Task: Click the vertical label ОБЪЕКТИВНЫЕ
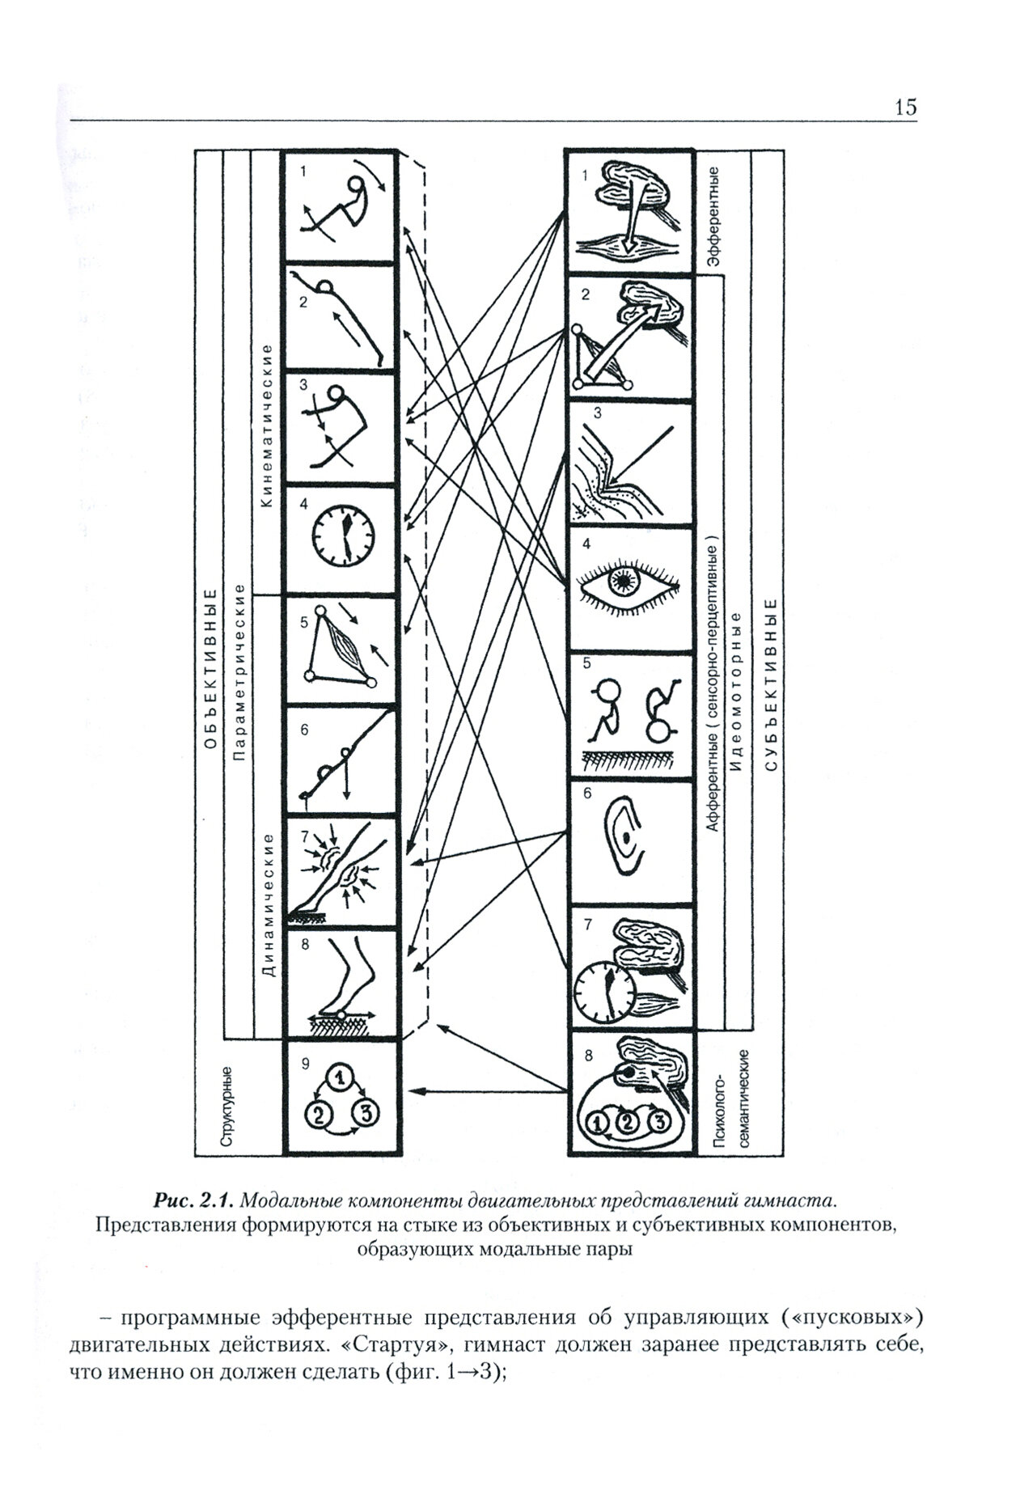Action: pos(210,669)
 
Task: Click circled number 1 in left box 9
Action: pos(341,1076)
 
